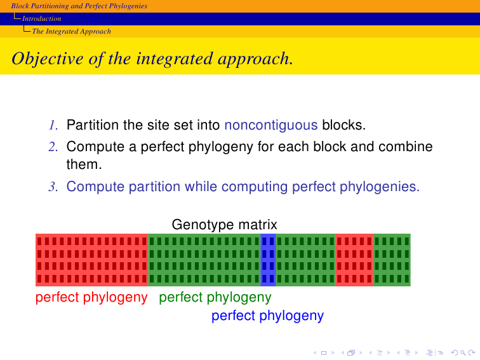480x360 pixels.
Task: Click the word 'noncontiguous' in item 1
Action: click(271, 126)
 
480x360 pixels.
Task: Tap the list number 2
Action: click(53, 147)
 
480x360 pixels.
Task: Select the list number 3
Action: click(53, 187)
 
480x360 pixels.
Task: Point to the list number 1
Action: click(53, 125)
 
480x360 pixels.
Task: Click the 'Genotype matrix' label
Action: click(224, 224)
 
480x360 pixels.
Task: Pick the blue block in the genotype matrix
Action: click(268, 260)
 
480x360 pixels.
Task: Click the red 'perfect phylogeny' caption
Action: click(91, 297)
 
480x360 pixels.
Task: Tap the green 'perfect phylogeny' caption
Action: click(215, 297)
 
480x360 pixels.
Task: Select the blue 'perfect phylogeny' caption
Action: click(267, 316)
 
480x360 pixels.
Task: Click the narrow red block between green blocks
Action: click(354, 260)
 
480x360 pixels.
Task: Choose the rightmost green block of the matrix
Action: click(392, 260)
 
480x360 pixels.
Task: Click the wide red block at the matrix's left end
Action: click(92, 260)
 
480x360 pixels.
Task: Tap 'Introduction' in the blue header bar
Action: click(42, 18)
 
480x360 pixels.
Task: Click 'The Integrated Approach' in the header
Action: click(71, 31)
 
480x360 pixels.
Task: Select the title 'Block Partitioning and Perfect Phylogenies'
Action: click(79, 6)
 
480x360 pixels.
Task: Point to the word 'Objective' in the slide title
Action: click(48, 58)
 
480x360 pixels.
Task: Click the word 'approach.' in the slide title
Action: click(255, 59)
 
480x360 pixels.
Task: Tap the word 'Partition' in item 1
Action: click(93, 125)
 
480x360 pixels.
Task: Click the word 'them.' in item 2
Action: click(84, 164)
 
